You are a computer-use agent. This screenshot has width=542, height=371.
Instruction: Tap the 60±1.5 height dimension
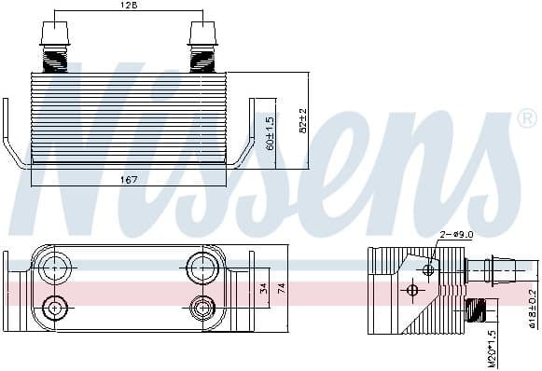[x=270, y=132]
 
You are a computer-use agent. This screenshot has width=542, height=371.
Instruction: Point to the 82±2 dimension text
[x=300, y=120]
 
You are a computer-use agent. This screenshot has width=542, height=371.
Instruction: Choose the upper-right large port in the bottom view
[x=202, y=268]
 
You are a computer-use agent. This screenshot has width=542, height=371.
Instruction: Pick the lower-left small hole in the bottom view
[x=56, y=308]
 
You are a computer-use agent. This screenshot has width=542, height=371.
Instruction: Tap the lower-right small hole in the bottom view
[x=202, y=308]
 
